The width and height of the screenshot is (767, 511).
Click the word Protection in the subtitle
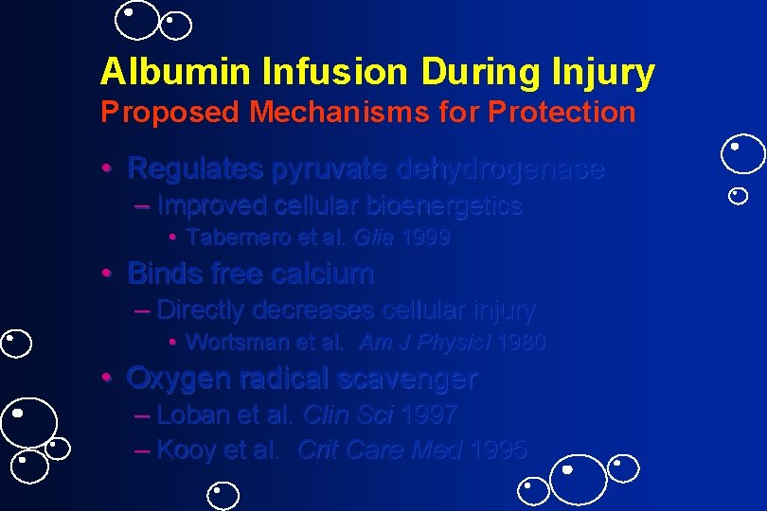[x=562, y=113]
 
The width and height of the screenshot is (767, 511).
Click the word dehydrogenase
[x=500, y=169]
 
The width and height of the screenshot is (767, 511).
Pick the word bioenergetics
[x=444, y=206]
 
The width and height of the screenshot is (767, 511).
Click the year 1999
[x=426, y=238]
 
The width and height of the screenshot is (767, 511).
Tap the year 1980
[x=521, y=343]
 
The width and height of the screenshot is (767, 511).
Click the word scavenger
[x=411, y=379]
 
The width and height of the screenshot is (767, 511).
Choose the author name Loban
[x=189, y=414]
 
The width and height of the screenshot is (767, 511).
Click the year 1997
[x=429, y=414]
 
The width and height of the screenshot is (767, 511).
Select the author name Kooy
[x=186, y=450]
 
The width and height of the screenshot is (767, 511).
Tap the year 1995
[x=498, y=450]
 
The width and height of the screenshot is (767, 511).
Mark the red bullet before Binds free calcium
[x=109, y=274]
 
